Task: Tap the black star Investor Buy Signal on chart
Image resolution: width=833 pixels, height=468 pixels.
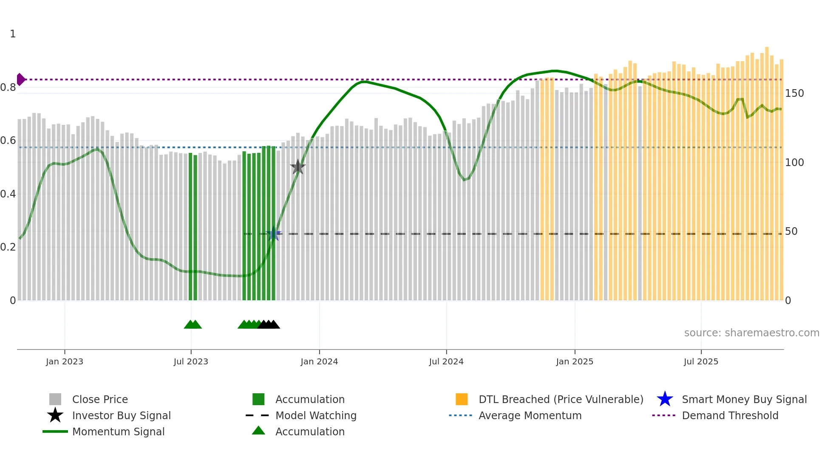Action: pos(297,167)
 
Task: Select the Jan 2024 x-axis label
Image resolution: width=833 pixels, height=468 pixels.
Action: pos(319,361)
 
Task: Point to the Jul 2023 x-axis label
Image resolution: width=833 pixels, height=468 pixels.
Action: pos(191,361)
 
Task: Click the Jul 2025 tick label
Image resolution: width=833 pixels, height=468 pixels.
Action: pos(701,361)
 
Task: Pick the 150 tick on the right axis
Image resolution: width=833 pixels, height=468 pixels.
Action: pos(794,93)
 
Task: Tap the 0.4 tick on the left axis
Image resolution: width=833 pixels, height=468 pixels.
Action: pos(8,194)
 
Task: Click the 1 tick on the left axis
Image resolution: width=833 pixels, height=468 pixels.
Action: pos(13,34)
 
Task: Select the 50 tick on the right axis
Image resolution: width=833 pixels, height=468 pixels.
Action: pos(791,231)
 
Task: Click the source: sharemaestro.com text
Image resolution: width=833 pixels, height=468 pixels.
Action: pos(751,333)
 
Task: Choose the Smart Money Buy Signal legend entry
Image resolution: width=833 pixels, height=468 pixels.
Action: pos(744,399)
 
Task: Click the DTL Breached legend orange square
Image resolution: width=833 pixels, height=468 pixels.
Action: pos(462,399)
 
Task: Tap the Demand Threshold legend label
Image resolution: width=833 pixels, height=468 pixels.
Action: pos(730,415)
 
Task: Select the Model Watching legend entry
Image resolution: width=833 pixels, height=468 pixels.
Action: pos(315,415)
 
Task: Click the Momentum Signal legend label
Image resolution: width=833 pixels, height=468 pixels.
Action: pos(118,431)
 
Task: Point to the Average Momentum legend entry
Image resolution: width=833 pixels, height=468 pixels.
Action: pos(530,415)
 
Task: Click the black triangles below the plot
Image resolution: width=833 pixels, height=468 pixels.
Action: pos(269,324)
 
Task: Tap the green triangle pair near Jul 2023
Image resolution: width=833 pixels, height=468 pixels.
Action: pos(193,324)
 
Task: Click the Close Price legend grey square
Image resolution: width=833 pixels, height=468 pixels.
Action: pos(55,399)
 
